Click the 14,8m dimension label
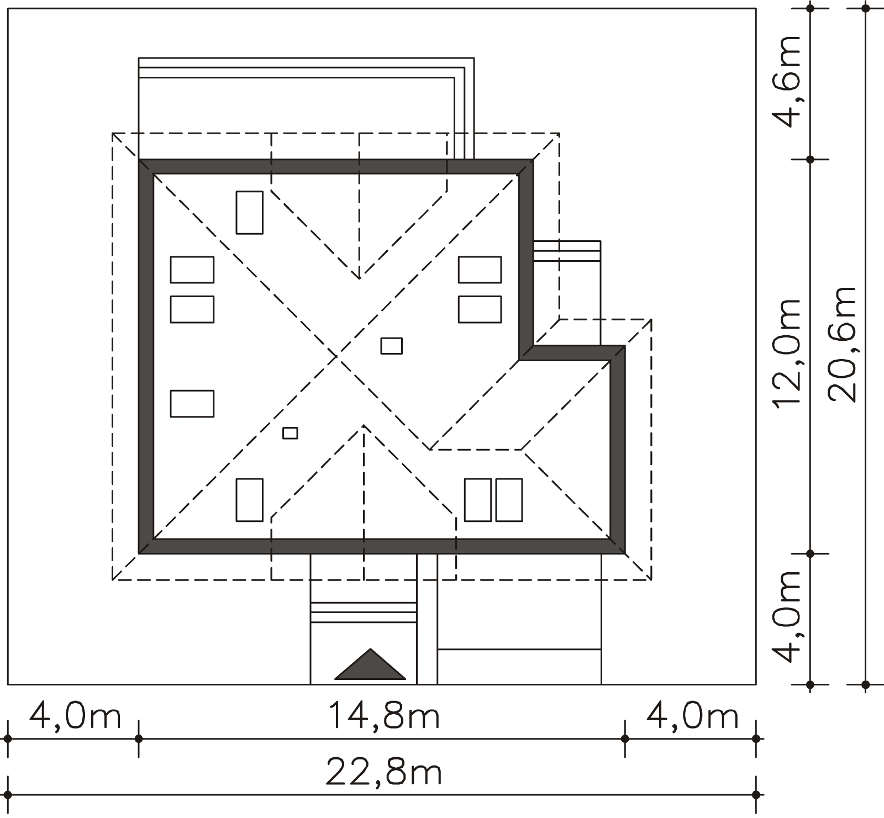(384, 715)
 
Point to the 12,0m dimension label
(786, 353)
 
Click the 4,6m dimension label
(786, 81)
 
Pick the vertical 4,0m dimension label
(786, 616)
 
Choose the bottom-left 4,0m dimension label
(75, 716)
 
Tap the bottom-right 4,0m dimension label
(692, 716)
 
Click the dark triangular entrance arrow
(370, 664)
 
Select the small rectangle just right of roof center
(391, 346)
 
